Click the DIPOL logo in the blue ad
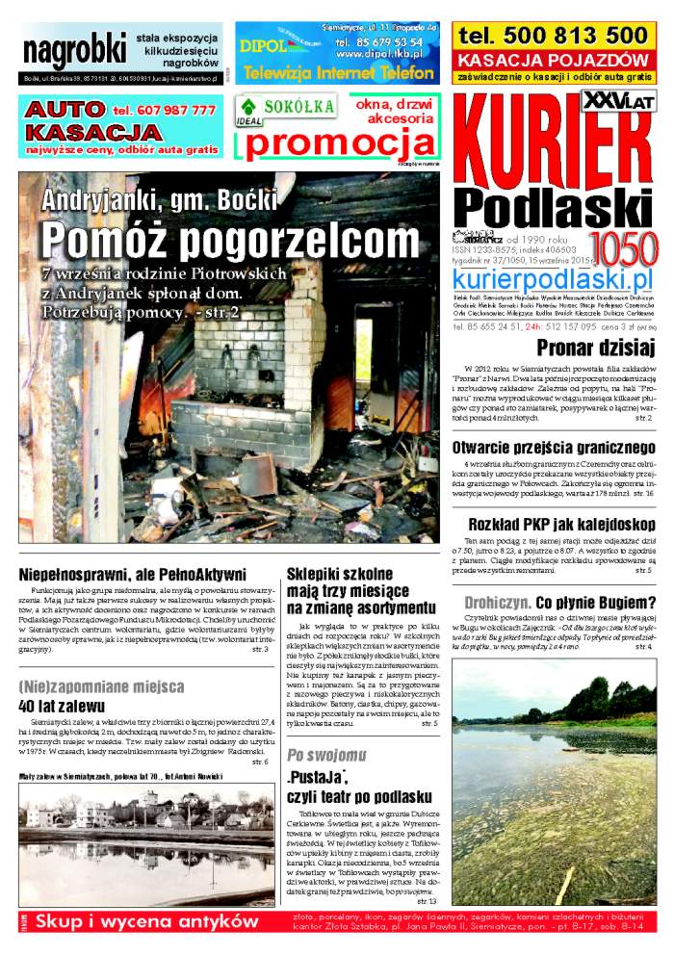(x=264, y=44)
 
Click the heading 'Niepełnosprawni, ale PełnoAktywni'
(x=132, y=575)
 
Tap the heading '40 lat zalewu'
(x=60, y=705)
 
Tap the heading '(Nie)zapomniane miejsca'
(x=101, y=686)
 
